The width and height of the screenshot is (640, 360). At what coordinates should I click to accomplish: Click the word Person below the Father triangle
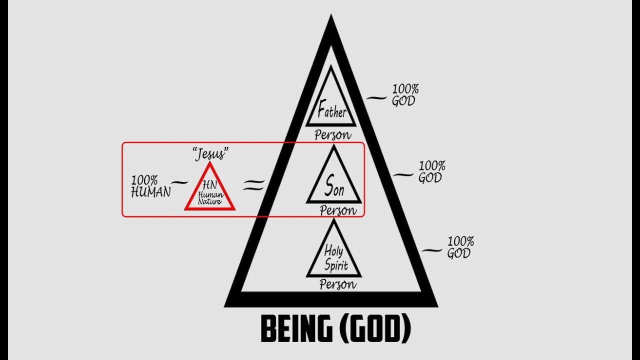point(333,135)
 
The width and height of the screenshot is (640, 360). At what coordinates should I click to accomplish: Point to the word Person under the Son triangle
point(338,210)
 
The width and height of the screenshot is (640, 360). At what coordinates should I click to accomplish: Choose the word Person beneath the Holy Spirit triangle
point(338,284)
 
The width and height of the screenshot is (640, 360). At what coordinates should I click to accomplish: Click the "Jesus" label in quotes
point(211,154)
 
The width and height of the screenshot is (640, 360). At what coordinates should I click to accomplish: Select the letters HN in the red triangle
point(209,185)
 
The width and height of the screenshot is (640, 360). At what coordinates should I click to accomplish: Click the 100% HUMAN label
point(150,186)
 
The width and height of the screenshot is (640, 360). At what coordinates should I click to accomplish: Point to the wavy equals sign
point(253,184)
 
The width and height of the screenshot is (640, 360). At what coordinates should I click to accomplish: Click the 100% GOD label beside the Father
point(405,95)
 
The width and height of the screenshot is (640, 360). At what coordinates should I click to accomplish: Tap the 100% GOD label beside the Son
point(431,171)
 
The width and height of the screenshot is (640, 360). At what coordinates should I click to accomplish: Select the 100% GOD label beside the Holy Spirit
point(460,247)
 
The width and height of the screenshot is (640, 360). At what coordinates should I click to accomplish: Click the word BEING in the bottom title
point(296,329)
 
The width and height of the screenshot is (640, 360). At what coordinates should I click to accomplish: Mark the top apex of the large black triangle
point(331,14)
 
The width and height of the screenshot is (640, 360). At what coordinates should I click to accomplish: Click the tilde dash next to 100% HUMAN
point(180,182)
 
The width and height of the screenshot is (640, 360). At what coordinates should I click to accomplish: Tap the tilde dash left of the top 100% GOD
point(376,98)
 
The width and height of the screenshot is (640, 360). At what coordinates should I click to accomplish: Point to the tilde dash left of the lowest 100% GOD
point(432,250)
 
